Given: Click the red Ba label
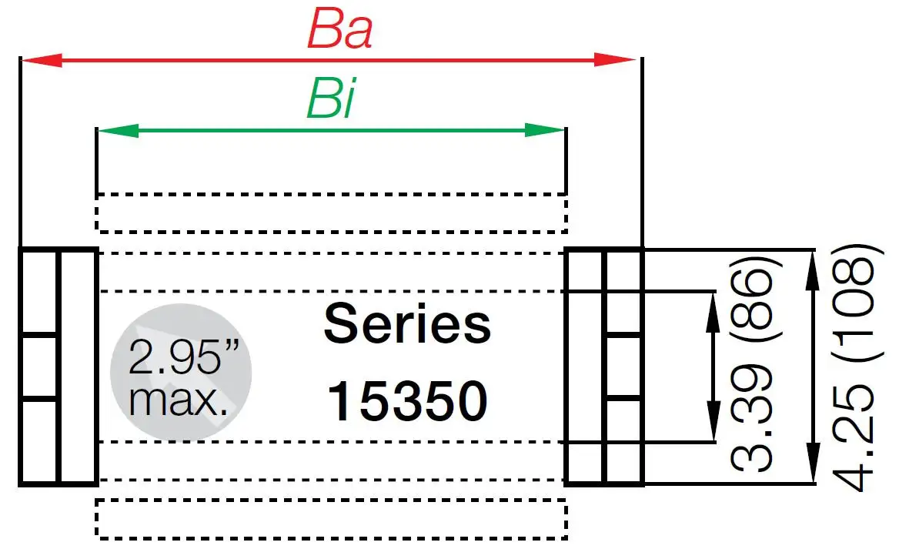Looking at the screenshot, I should [x=339, y=31].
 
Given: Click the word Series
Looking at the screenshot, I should [x=407, y=324].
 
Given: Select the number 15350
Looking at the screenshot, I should [x=407, y=401].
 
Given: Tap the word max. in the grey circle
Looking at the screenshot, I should [x=179, y=400].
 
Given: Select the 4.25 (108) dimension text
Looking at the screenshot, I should [x=854, y=367].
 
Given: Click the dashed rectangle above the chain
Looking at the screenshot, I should [x=331, y=213].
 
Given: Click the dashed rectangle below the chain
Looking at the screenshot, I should [x=331, y=518].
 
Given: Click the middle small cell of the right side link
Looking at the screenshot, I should [x=623, y=367].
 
